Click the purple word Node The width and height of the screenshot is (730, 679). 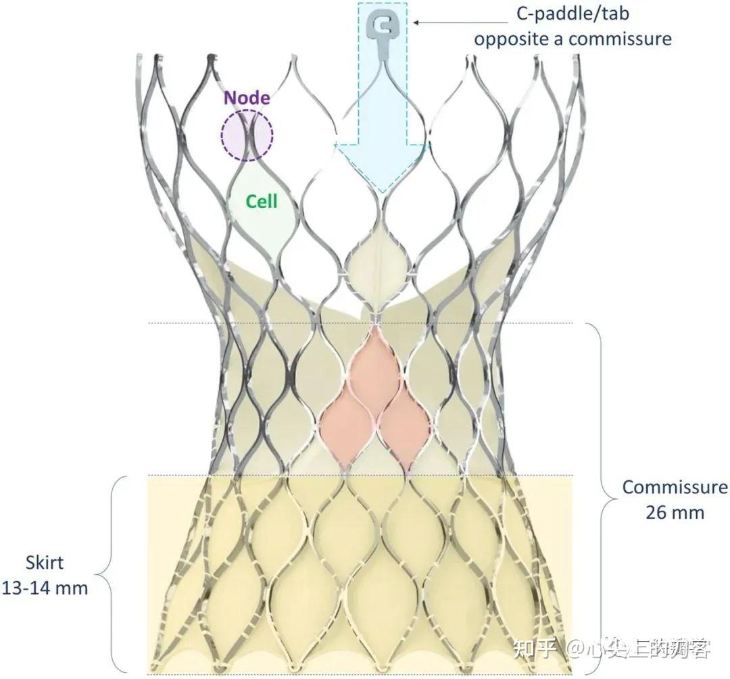point(247,98)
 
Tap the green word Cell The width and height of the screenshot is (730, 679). point(261,201)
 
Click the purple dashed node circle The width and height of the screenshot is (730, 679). point(247,135)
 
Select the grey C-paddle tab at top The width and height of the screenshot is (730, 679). point(383,26)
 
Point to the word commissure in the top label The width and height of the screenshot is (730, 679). point(620,38)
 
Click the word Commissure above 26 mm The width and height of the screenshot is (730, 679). point(675,487)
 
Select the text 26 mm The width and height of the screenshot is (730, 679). point(675,512)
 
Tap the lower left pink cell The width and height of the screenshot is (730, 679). point(345,426)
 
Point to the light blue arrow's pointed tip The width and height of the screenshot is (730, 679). point(383,192)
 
